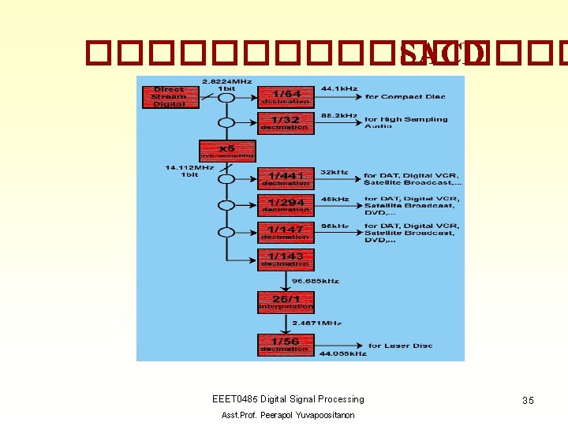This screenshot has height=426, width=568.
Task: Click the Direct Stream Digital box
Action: pyautogui.click(x=170, y=96)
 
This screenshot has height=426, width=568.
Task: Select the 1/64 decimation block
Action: pyautogui.click(x=286, y=96)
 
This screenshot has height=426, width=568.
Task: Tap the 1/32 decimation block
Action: pyautogui.click(x=286, y=122)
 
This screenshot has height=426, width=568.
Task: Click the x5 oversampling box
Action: pyautogui.click(x=226, y=150)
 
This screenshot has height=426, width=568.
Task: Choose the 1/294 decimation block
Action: pyautogui.click(x=286, y=205)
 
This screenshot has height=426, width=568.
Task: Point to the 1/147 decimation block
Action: pyautogui.click(x=286, y=232)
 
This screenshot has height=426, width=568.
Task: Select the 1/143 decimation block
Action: pyautogui.click(x=286, y=259)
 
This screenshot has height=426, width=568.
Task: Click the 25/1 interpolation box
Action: pyautogui.click(x=286, y=301)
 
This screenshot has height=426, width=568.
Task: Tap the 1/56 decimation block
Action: pyautogui.click(x=286, y=344)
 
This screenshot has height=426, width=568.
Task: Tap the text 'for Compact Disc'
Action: pyautogui.click(x=405, y=97)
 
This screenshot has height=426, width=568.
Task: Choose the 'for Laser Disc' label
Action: pyautogui.click(x=398, y=346)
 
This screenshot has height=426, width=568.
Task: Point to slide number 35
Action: pyautogui.click(x=528, y=401)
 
